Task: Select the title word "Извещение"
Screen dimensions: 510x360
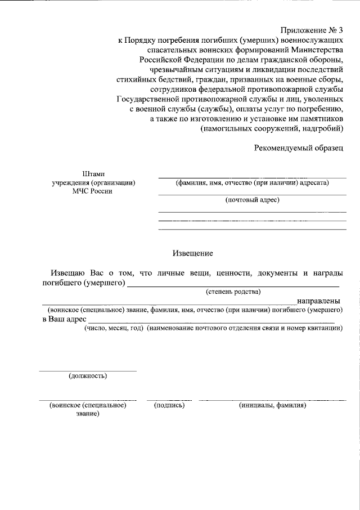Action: [192, 254]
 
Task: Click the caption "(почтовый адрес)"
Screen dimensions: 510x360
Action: [252, 200]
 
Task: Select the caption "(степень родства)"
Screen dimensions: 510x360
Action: [232, 292]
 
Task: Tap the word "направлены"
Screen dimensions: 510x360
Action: [318, 301]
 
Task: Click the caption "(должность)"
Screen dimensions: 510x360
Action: [88, 375]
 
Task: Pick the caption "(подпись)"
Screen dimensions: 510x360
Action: [169, 405]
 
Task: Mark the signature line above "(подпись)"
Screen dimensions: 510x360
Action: [169, 400]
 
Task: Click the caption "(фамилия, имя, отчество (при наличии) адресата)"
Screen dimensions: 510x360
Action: [252, 182]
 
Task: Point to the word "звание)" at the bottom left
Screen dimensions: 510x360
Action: [87, 414]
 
